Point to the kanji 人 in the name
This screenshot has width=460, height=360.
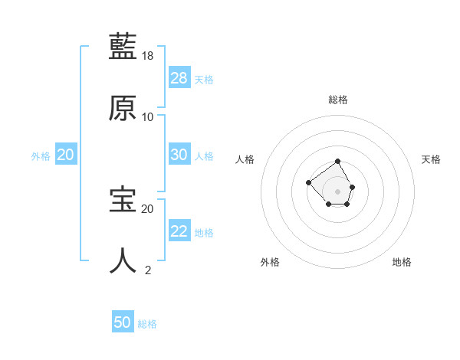pos(123,260)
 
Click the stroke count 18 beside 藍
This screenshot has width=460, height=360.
pos(149,56)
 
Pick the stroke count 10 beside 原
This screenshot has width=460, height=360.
pos(148,117)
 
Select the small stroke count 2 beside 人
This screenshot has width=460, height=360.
pos(148,270)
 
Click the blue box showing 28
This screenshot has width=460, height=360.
pos(179,77)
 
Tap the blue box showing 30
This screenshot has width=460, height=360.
pos(179,154)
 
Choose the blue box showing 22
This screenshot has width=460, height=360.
pos(179,231)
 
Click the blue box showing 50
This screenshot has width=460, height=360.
pos(123,322)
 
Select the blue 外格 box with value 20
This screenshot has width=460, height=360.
pos(66,154)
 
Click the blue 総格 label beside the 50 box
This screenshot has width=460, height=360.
pos(147,324)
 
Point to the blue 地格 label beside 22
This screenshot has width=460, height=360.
pos(204,232)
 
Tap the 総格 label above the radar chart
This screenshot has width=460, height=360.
pos(338,100)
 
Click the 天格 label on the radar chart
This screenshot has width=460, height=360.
pos(432,159)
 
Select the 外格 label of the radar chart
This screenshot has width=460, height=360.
pos(270,262)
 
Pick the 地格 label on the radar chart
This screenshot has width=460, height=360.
pos(402,262)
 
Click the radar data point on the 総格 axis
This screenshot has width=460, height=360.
pos(338,162)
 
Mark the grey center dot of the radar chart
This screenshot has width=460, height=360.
pos(338,191)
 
